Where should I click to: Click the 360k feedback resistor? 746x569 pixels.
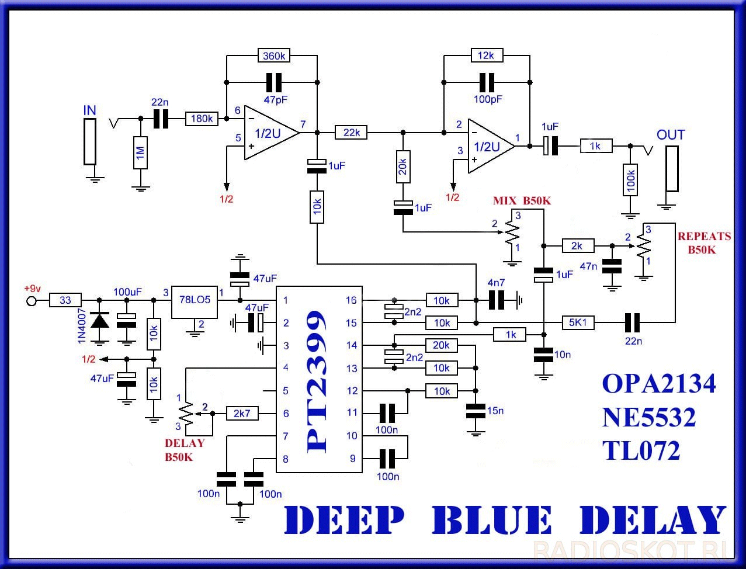[x=274, y=56]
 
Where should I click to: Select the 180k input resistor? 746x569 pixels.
[x=202, y=119]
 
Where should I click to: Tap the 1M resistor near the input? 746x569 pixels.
[x=140, y=152]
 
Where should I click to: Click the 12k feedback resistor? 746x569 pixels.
[x=487, y=55]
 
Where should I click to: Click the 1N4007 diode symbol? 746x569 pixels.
[x=100, y=321]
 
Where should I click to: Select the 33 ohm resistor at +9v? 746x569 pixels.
[x=65, y=300]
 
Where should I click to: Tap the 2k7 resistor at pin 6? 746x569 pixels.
[x=242, y=413]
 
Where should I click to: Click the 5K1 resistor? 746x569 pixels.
[x=578, y=322]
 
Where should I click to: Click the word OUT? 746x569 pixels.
[x=670, y=135]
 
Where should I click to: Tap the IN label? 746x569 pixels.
[x=89, y=110]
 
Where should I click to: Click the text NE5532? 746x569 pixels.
[x=648, y=418]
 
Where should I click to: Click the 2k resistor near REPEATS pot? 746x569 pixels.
[x=578, y=245]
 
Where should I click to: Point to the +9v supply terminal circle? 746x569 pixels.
[x=32, y=301]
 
